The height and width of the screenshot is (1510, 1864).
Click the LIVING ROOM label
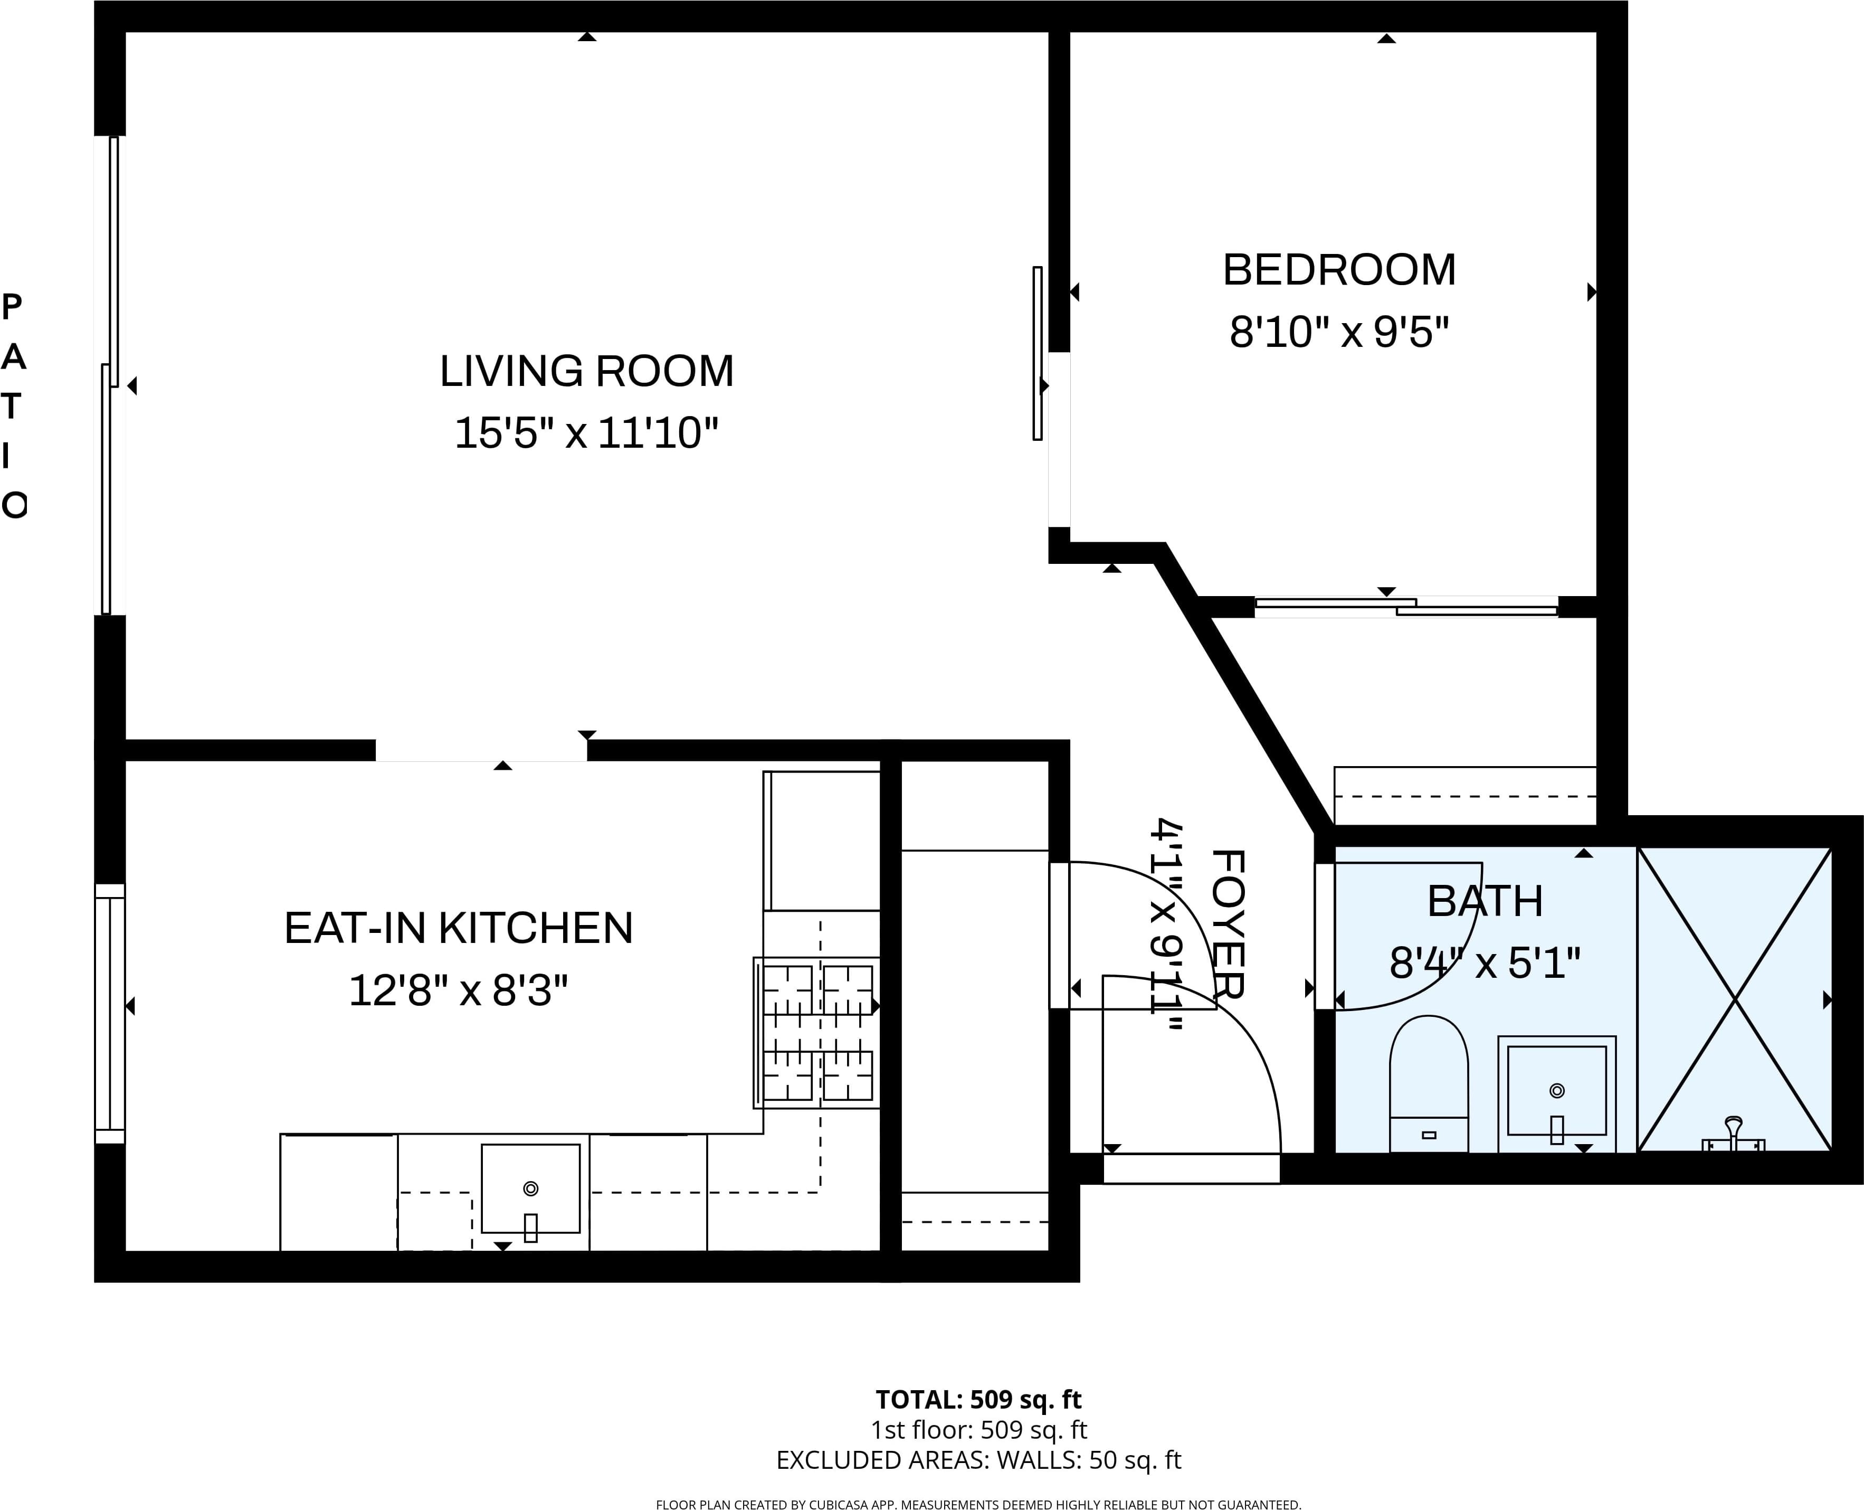587,371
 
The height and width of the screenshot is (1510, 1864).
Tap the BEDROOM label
1339,270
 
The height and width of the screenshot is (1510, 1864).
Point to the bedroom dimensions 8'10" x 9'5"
1339,332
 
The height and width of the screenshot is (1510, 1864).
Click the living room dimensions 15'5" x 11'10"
587,433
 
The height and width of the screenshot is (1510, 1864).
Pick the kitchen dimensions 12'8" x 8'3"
458,990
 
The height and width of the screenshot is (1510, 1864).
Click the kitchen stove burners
817,1033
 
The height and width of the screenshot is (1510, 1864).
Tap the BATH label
1485,901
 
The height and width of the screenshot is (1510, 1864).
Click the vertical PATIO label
14,405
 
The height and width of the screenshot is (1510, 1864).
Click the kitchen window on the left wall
110,1013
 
